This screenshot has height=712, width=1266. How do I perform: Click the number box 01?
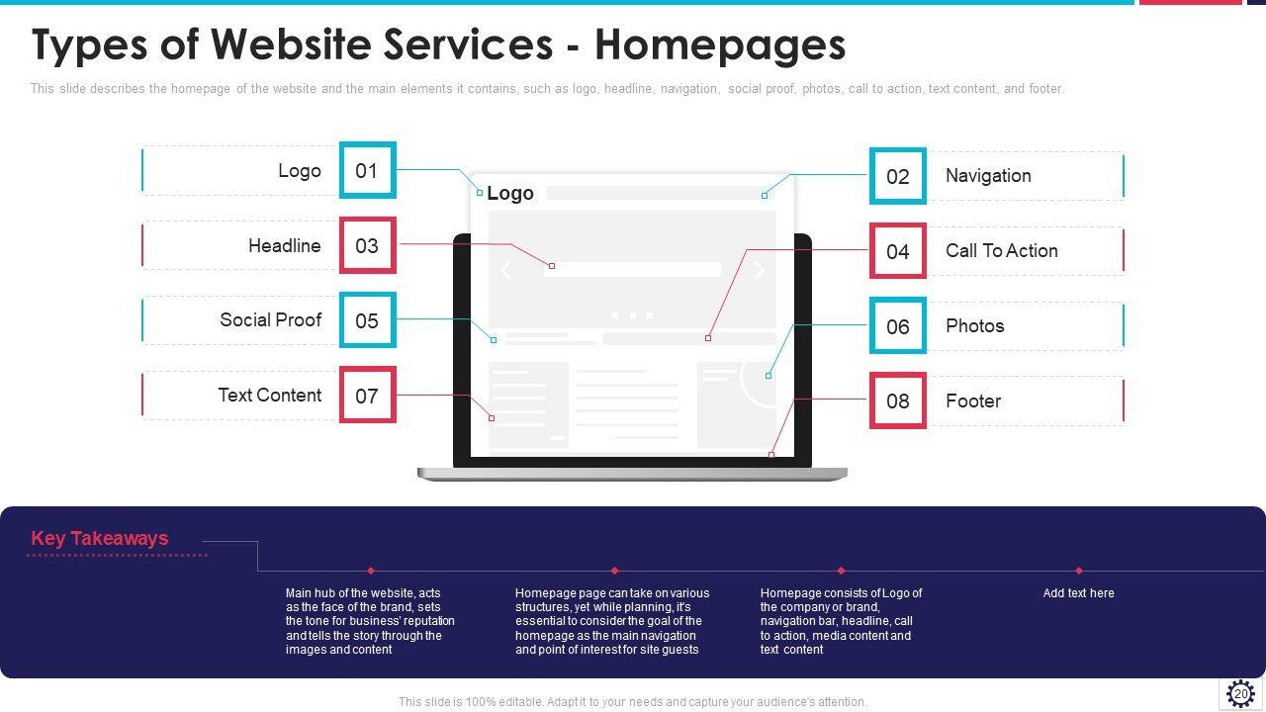click(x=367, y=170)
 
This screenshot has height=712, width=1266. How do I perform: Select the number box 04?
click(x=897, y=251)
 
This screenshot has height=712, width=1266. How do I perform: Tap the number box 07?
click(x=367, y=396)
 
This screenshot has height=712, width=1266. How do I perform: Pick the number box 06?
click(x=897, y=326)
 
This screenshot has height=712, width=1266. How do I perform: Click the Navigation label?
click(x=987, y=176)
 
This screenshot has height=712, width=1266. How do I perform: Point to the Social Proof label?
click(x=270, y=320)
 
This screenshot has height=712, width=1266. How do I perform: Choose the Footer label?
click(x=972, y=401)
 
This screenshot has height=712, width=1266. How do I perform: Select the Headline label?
click(x=284, y=246)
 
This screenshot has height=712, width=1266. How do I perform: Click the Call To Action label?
click(x=1001, y=251)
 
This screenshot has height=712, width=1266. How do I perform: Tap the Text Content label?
click(x=269, y=396)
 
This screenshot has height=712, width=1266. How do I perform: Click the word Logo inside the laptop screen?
click(x=509, y=194)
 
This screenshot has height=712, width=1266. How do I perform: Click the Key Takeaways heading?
click(x=100, y=539)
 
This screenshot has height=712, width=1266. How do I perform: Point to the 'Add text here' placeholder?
click(x=1078, y=593)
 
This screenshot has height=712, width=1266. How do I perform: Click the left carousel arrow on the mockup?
click(x=505, y=270)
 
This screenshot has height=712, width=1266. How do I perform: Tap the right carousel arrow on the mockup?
click(x=759, y=270)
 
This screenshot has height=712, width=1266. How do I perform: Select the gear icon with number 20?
click(x=1240, y=693)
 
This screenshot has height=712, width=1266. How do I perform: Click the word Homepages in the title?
click(x=720, y=45)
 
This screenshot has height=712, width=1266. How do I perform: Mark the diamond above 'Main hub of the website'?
click(x=371, y=571)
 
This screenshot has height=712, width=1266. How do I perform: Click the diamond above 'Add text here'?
click(x=1078, y=571)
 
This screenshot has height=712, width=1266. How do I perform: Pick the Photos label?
click(x=974, y=326)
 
